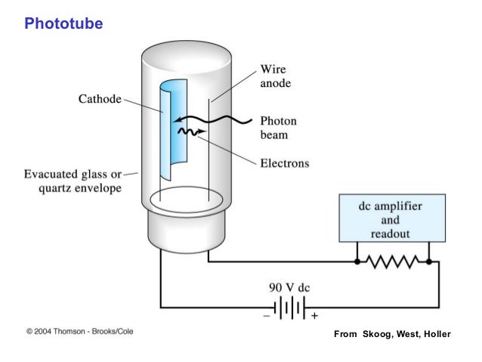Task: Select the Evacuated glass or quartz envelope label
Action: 70,182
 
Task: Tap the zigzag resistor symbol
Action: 392,261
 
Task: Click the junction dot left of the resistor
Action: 357,261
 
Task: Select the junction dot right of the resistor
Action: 428,261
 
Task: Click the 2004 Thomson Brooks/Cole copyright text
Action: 79,331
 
